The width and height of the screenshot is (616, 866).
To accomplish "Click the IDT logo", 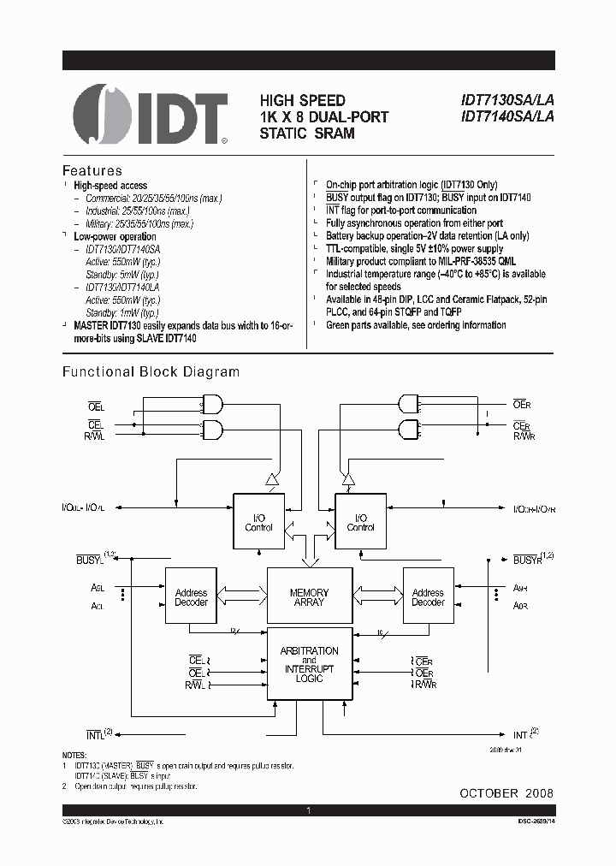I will [151, 118].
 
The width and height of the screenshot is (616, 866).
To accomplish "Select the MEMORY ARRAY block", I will [309, 597].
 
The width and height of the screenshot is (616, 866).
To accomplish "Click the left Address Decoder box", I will [191, 597].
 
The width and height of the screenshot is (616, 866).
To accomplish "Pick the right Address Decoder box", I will [428, 597].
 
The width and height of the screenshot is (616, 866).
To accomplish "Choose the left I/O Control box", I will [258, 521].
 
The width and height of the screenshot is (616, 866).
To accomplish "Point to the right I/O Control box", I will [360, 521].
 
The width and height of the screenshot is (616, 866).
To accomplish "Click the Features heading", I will [92, 170].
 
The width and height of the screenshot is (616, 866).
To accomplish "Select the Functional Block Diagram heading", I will [151, 371].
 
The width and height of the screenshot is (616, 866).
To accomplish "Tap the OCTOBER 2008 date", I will [506, 793].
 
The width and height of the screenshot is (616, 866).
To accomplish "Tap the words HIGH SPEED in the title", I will [303, 101].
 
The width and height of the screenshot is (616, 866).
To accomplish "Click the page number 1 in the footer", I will [308, 810].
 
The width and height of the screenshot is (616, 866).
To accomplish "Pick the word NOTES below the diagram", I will [75, 754].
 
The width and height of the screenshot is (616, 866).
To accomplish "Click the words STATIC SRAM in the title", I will [306, 133].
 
